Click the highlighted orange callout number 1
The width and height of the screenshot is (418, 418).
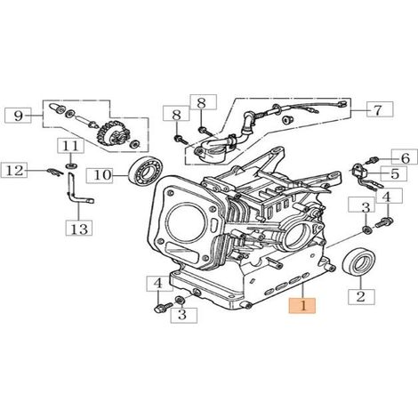[x=302, y=306]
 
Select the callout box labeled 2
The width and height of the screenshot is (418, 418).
[x=361, y=297]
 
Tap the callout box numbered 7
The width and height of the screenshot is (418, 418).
[x=380, y=109]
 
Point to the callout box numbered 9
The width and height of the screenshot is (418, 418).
[x=19, y=116]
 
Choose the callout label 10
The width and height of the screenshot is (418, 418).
[x=100, y=175]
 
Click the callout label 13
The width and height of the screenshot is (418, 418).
[x=79, y=229]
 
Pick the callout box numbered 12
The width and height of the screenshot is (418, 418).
[x=14, y=171]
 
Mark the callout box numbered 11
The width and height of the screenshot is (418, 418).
[x=71, y=147]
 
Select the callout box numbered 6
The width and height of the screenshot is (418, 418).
[x=405, y=157]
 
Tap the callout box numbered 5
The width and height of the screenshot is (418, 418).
[x=394, y=173]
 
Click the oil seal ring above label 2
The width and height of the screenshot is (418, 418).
[x=358, y=261]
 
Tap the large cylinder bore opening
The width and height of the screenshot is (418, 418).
[x=186, y=223]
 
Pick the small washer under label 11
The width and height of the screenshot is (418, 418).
[x=70, y=165]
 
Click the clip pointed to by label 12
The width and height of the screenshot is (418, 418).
[x=55, y=172]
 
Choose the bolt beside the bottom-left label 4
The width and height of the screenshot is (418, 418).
[x=163, y=307]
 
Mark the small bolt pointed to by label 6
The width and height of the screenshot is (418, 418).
[x=371, y=160]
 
